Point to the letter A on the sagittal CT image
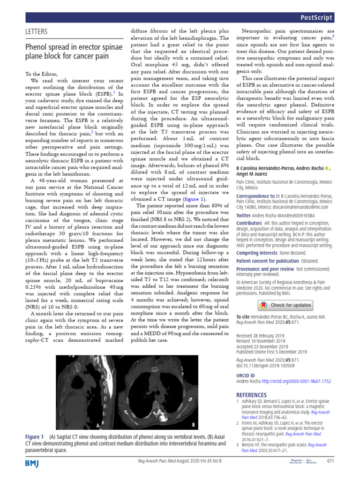click(x=98, y=426)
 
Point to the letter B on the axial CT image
click(x=193, y=425)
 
